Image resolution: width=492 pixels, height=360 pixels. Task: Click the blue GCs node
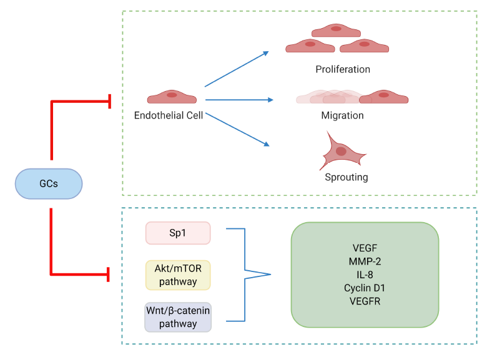tap(49, 185)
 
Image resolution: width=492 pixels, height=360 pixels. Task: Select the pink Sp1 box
tap(178, 233)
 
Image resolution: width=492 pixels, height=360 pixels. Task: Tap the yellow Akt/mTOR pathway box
tap(178, 275)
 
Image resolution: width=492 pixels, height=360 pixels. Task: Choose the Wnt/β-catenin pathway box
tap(178, 316)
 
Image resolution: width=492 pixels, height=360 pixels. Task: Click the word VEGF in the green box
tap(365, 247)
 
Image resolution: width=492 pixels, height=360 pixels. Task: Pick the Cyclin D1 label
tap(365, 288)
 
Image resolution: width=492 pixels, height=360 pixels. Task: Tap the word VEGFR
tap(365, 301)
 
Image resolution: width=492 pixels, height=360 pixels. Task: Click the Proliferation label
tap(343, 69)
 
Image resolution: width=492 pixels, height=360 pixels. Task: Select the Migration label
tap(342, 115)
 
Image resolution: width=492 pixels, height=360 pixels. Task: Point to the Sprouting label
tap(346, 177)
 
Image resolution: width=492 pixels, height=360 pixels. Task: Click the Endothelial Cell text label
tap(169, 115)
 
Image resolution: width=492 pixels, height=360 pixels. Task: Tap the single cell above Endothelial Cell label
tap(172, 97)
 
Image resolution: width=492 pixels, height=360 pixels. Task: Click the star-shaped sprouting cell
tap(341, 151)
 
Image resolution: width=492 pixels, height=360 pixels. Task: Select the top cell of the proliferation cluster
tap(336, 30)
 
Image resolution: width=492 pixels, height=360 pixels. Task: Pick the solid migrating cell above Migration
tap(383, 97)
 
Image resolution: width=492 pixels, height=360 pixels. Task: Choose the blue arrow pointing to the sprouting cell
tap(237, 129)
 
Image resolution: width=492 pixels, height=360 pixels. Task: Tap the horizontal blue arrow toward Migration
tap(239, 100)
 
